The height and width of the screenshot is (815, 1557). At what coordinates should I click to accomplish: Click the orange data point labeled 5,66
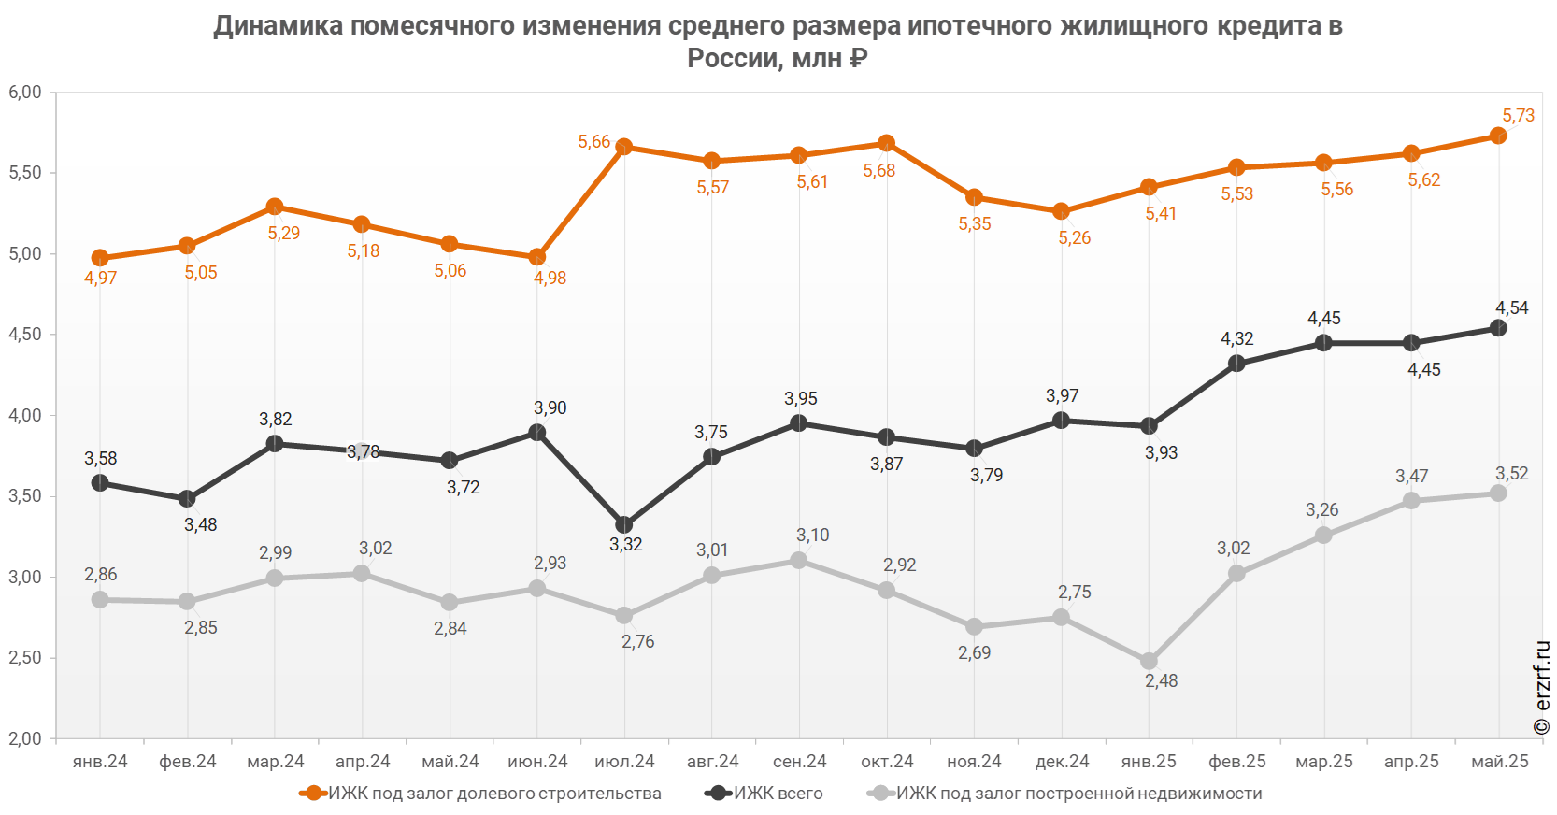[624, 147]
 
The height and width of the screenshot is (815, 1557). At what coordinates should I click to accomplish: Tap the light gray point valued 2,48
[1149, 662]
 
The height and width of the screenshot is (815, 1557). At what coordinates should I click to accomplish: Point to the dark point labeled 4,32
[1236, 364]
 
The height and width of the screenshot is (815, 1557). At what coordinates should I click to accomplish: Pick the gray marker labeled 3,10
[799, 561]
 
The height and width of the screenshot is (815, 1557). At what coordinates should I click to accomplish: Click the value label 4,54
[1511, 308]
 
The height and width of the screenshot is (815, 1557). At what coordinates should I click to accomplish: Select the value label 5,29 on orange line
[284, 233]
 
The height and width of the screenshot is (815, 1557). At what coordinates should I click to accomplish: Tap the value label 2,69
[974, 652]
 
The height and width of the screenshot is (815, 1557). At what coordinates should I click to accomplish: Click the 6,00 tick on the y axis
[25, 93]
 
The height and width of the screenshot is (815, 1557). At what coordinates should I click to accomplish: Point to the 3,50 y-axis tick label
[25, 496]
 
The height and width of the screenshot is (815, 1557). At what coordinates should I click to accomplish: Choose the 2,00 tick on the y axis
[25, 738]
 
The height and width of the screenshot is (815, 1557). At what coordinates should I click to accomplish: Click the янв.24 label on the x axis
[100, 762]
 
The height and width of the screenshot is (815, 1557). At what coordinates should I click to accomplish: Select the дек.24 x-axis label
[1062, 762]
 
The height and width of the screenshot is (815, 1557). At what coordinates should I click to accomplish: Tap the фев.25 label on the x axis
[1237, 762]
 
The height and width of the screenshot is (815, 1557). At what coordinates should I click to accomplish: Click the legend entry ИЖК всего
[778, 794]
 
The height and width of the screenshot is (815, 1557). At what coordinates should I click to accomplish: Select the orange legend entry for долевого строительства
[495, 794]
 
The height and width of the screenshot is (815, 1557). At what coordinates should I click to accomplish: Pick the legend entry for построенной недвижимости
[1079, 794]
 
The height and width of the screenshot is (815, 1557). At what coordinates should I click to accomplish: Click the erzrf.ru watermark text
[1542, 687]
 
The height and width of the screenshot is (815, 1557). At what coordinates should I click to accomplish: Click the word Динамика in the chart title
[279, 26]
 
